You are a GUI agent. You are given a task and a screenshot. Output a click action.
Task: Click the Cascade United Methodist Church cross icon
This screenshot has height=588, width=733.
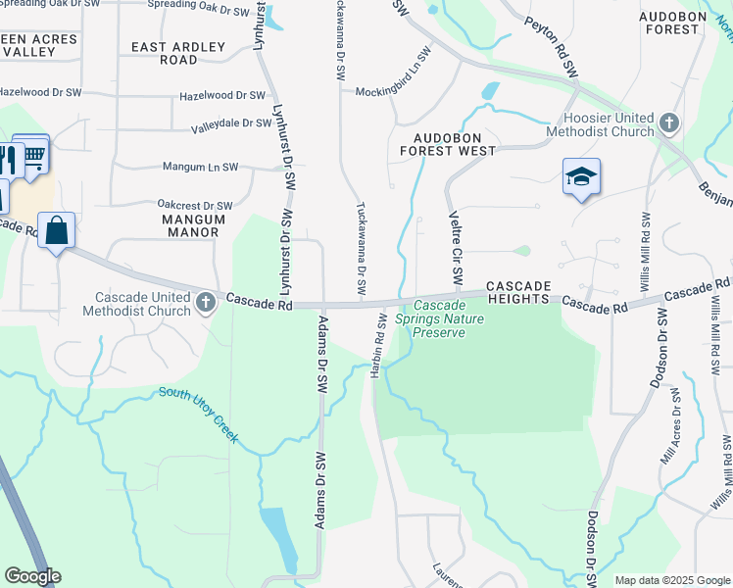pos(206,303)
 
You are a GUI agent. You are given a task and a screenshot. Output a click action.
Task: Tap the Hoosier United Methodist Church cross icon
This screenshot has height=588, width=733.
pos(669,123)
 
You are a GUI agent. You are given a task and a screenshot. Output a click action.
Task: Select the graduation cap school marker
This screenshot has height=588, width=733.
pos(581,176)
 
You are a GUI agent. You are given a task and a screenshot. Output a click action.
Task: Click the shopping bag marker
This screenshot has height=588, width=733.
pos(57,231)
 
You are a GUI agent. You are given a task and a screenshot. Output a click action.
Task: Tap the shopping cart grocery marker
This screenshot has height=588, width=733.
pos(32,154)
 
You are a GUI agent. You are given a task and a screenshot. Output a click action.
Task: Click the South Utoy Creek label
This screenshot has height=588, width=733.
pos(199,415)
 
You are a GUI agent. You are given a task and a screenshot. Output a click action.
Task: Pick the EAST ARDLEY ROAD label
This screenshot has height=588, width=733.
pos(178,53)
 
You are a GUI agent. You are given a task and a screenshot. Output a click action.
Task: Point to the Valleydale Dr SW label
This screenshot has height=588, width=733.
pos(231,124)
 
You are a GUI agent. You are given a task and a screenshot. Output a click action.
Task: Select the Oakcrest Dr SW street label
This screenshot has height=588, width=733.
pos(195,206)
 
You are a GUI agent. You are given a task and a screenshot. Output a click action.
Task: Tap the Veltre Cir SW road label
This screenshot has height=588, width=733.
pos(455,249)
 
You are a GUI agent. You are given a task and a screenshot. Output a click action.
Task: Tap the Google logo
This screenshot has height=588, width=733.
pos(32,576)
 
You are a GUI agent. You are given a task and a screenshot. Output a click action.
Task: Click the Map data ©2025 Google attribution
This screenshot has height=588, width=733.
pos(671,580)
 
